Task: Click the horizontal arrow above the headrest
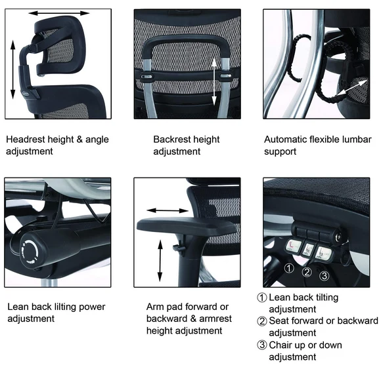[x=59, y=13]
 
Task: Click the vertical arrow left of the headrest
[x=13, y=69]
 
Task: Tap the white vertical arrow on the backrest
[x=214, y=82]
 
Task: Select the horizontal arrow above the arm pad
[x=168, y=210]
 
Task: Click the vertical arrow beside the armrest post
[x=160, y=261]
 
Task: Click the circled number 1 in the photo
[x=289, y=268]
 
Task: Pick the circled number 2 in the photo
[x=307, y=272]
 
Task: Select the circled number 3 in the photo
[x=325, y=275]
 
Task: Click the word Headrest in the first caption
[x=26, y=140]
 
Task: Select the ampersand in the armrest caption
[x=193, y=319]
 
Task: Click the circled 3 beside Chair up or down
[x=261, y=345]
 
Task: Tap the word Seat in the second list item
[x=279, y=321]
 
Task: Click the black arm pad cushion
[x=187, y=224]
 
